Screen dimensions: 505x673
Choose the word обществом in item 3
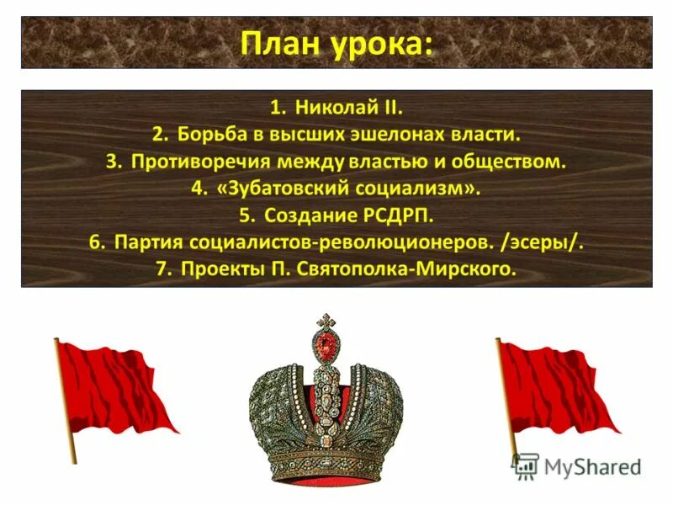[513, 162]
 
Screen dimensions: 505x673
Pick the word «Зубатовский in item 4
[278, 189]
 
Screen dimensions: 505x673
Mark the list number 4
[197, 189]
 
